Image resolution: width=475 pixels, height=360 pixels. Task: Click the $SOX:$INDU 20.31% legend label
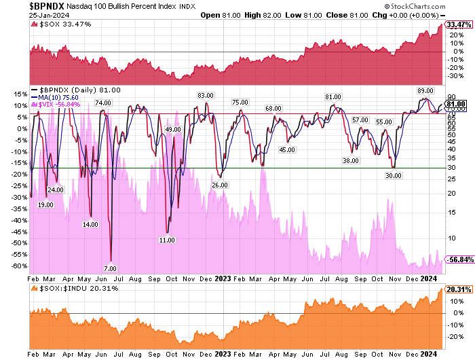[x=76, y=288]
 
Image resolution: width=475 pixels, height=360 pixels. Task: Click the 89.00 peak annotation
[x=425, y=90]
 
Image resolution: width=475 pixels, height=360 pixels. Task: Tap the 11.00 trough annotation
[x=168, y=240]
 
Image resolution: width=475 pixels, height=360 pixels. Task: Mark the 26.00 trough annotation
[x=219, y=185]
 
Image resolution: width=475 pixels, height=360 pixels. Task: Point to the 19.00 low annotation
[x=45, y=204]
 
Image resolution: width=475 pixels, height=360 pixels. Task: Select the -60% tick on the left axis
[x=18, y=266]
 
